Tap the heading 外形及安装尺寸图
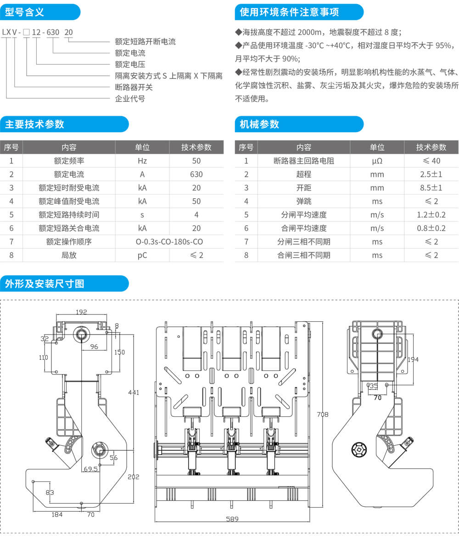point(45,284)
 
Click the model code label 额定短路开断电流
point(145,42)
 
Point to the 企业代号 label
point(130,99)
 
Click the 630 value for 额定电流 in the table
point(196,174)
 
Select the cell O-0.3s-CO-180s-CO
point(169,241)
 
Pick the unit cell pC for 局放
point(142,255)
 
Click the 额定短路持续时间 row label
point(69,215)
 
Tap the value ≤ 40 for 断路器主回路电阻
point(431,161)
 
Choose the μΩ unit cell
point(377,161)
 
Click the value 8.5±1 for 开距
point(431,188)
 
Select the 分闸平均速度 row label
point(303,215)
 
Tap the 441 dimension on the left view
point(134,392)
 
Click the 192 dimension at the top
point(81,312)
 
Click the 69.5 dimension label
point(90,469)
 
